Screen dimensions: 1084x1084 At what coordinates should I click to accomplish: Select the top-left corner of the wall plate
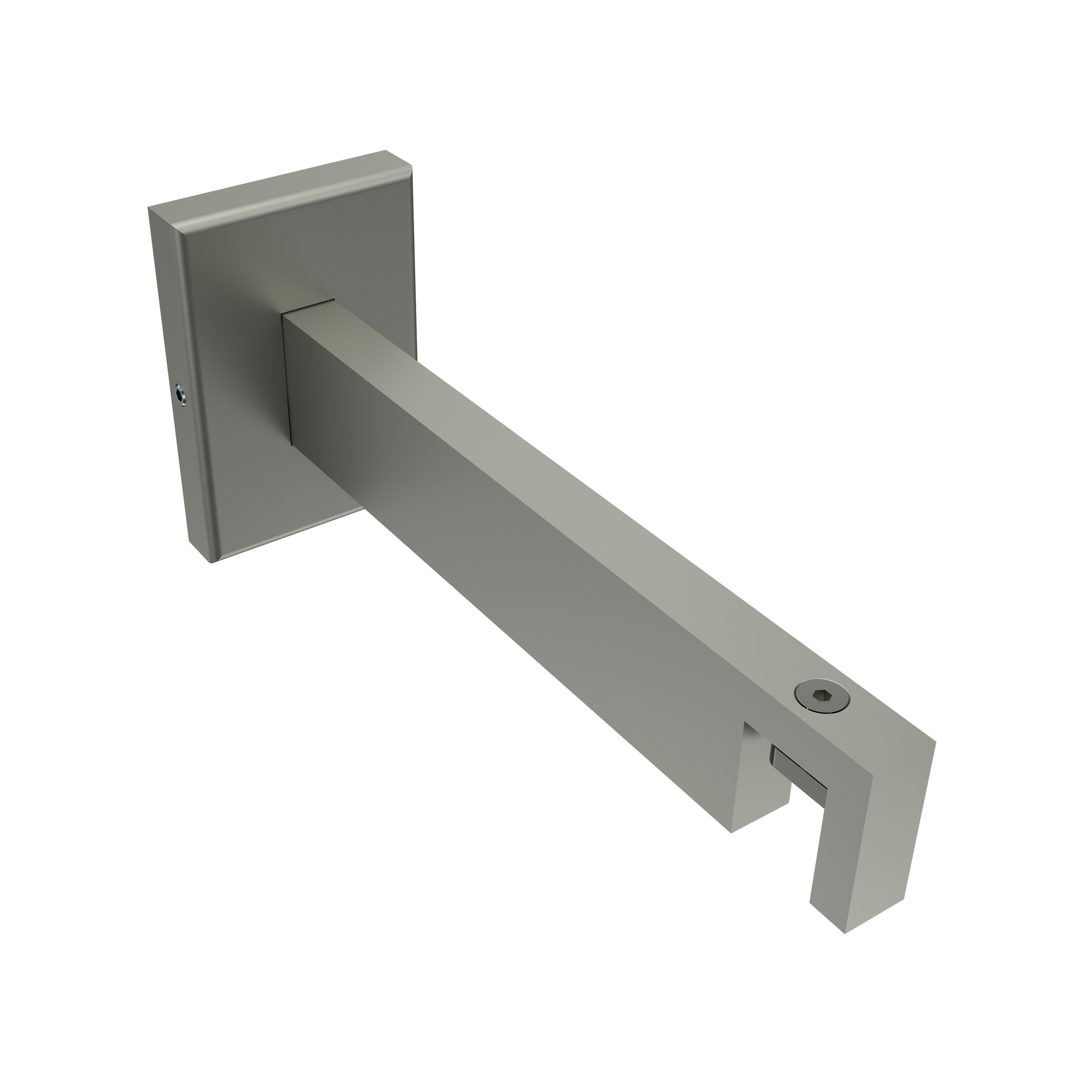pos(149,208)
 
